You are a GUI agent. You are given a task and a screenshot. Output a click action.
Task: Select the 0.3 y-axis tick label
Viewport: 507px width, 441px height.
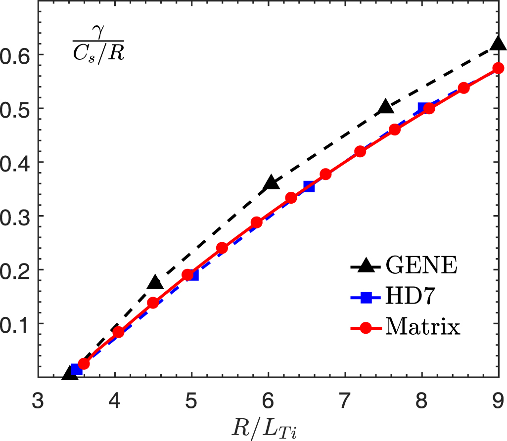(x=18, y=216)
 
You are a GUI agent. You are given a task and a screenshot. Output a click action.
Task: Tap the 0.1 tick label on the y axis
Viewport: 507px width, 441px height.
(x=18, y=323)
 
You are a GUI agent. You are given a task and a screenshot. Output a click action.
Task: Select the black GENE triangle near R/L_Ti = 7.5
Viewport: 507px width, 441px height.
(x=384, y=107)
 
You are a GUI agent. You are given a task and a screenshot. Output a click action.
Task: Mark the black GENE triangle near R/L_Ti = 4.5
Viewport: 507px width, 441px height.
(x=155, y=283)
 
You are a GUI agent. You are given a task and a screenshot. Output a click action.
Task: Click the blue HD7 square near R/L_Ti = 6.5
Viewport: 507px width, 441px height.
(x=309, y=186)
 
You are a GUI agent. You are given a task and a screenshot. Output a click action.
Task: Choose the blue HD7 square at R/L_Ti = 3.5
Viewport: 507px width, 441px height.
(x=77, y=369)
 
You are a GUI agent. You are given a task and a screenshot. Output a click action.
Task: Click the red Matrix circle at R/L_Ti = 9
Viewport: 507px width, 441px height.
(x=498, y=68)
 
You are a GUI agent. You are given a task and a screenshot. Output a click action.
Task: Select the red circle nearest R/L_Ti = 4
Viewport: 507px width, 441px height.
(x=118, y=332)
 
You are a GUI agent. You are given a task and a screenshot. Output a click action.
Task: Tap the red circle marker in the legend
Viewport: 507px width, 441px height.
(x=365, y=328)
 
